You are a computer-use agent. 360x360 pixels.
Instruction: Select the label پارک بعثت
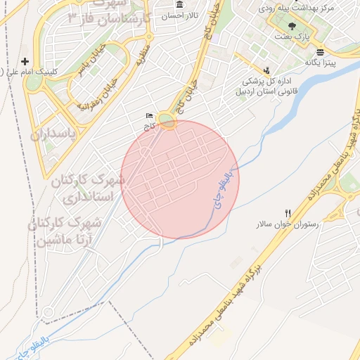[302, 35]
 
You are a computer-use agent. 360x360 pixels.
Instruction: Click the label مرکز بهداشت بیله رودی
[295, 10]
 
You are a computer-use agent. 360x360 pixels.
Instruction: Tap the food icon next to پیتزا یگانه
[321, 52]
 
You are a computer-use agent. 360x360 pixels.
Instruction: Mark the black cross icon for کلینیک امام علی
[25, 62]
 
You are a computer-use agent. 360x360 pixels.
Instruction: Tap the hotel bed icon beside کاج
[148, 116]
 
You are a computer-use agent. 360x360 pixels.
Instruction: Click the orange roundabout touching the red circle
[167, 121]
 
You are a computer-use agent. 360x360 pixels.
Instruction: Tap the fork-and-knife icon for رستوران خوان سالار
[288, 213]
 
